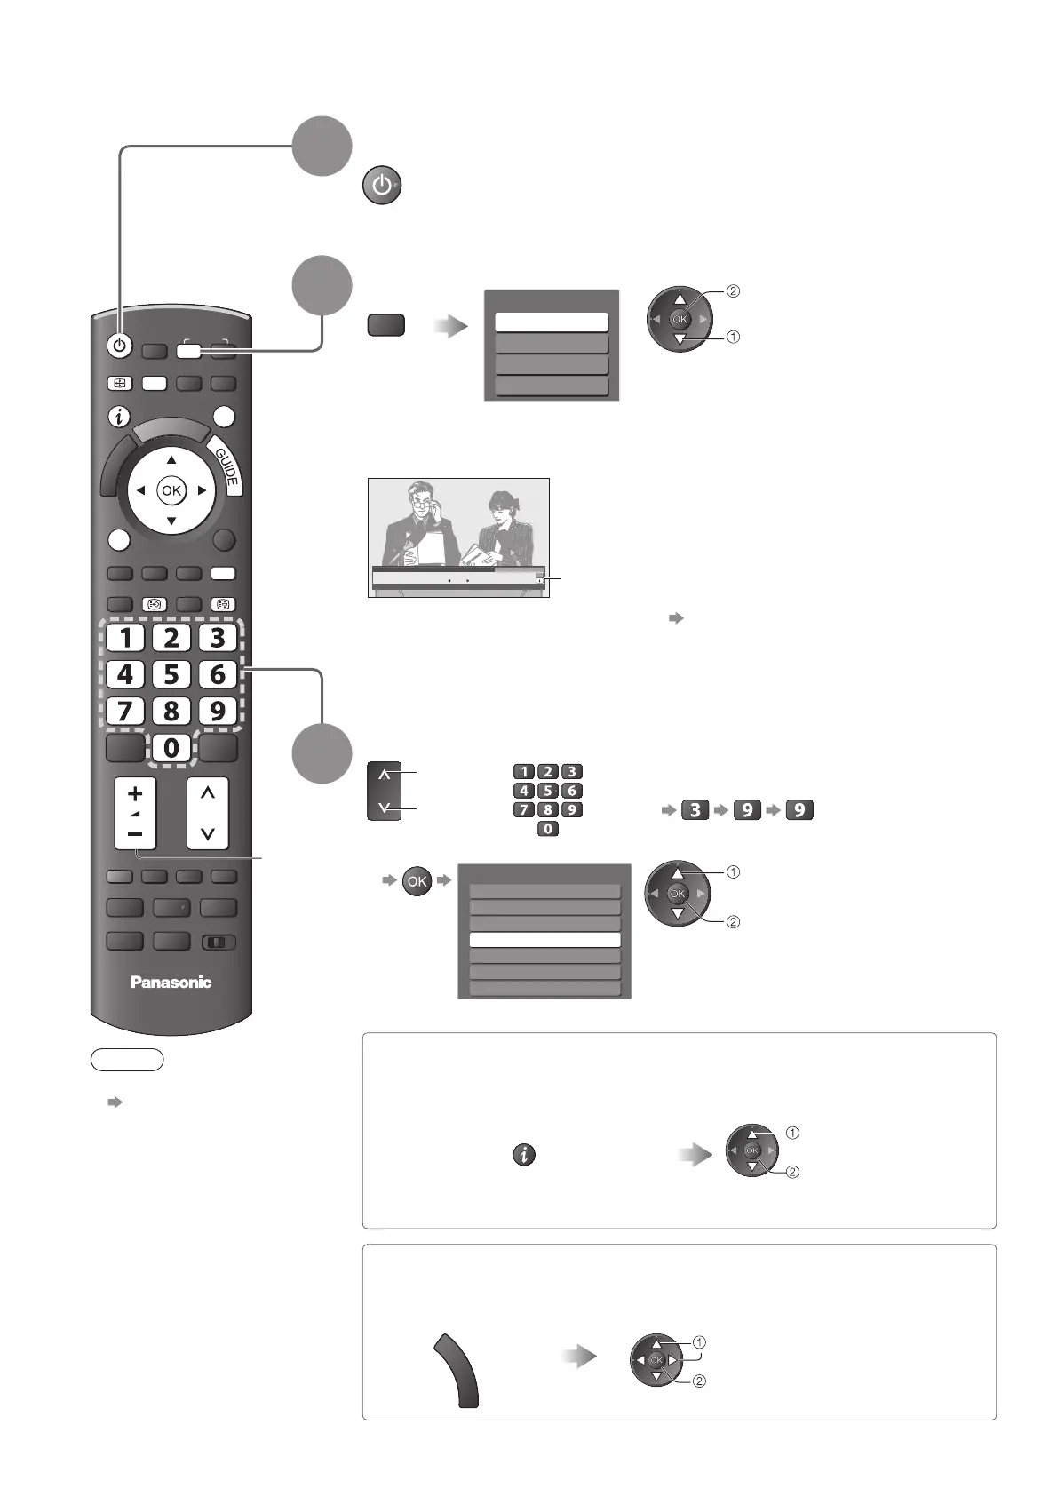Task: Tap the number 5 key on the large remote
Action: (x=171, y=674)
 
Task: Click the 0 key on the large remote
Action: (x=171, y=748)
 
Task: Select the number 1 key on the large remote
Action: (x=125, y=637)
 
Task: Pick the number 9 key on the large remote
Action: (x=218, y=712)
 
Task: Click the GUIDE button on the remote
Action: (x=226, y=468)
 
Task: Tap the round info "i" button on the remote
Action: (x=120, y=417)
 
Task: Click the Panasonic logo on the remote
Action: (x=171, y=982)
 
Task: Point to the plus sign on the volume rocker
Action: (x=135, y=793)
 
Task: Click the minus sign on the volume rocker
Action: (x=135, y=834)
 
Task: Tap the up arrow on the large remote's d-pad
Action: (x=171, y=460)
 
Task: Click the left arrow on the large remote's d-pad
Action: (x=140, y=490)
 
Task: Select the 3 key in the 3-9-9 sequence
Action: (x=695, y=810)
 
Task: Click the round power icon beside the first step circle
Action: (x=381, y=187)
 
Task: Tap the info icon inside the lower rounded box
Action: (x=525, y=1155)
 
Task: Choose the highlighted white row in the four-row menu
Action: (x=551, y=322)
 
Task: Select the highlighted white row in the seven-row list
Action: (x=544, y=940)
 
